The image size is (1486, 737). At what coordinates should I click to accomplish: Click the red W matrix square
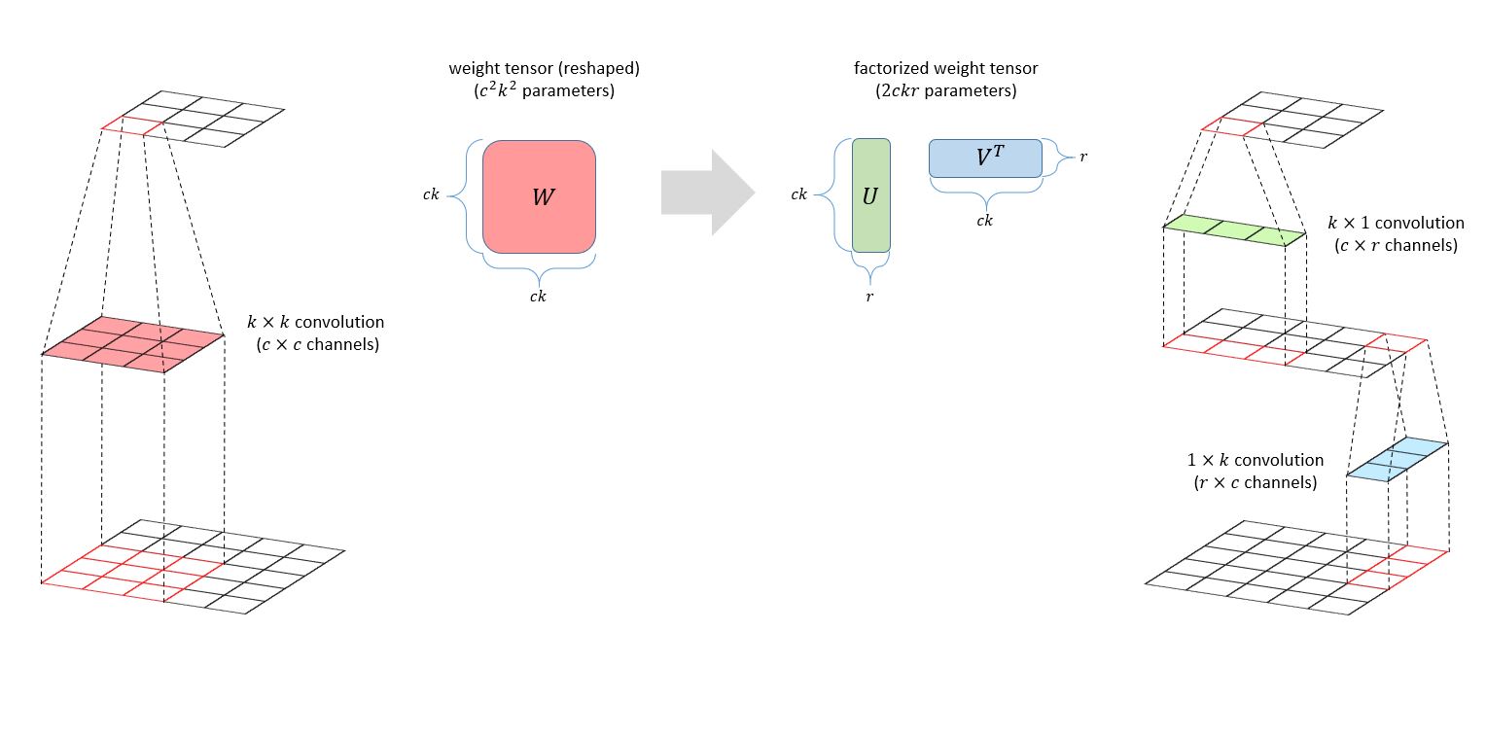(x=539, y=196)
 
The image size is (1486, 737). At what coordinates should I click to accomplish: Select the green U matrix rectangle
(x=870, y=195)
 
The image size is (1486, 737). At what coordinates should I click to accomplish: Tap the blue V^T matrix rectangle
(x=985, y=158)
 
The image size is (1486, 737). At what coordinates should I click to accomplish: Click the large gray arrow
(x=707, y=193)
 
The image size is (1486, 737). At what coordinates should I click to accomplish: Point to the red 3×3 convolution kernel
(x=133, y=343)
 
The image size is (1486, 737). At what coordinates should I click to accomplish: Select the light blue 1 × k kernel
(x=1398, y=459)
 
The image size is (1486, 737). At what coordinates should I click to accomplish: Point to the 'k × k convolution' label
(x=316, y=321)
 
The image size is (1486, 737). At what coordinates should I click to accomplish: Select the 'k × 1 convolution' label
(x=1396, y=224)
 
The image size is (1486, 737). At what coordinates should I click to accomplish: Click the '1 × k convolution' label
(x=1255, y=460)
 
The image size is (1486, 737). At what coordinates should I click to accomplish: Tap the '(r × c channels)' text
(x=1255, y=482)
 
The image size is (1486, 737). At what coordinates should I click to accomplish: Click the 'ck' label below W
(x=538, y=297)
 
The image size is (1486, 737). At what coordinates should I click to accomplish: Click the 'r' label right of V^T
(x=1083, y=156)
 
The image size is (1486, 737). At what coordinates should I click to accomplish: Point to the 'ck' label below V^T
(x=984, y=221)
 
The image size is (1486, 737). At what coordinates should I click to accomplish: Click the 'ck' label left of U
(x=798, y=194)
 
